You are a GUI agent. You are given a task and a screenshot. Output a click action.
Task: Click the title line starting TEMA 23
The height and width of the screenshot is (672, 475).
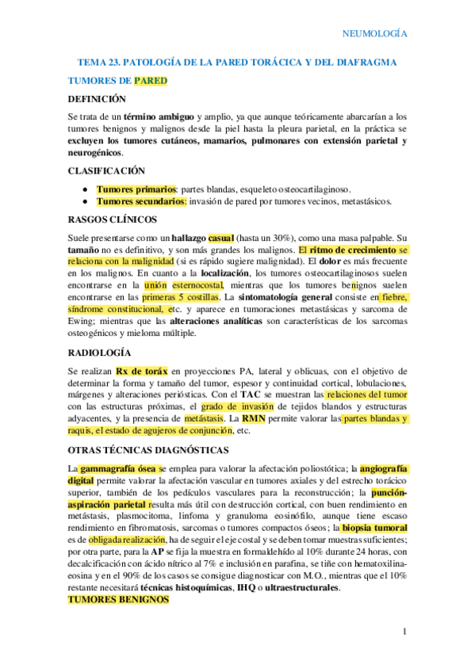(x=237, y=63)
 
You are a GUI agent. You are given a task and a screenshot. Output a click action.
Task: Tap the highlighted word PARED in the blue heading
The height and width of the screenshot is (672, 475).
(x=150, y=81)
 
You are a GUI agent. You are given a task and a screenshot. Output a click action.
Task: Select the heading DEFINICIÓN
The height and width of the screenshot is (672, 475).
(x=97, y=99)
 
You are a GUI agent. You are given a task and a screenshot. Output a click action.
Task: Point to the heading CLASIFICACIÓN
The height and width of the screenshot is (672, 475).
(x=106, y=170)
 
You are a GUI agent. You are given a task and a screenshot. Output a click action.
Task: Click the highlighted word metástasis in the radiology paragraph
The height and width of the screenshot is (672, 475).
(x=201, y=418)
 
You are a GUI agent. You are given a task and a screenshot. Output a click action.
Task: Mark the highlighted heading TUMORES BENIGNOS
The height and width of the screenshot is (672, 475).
(x=119, y=600)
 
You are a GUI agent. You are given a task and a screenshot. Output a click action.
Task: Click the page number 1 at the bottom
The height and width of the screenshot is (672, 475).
(x=404, y=631)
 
